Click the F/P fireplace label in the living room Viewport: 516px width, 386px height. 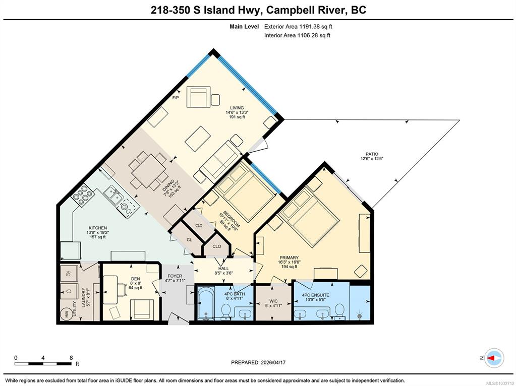[176, 98]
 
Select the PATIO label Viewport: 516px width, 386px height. [372, 154]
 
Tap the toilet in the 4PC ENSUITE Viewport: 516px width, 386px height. [340, 311]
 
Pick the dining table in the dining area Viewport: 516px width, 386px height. [148, 171]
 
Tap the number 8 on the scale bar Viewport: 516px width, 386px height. [71, 358]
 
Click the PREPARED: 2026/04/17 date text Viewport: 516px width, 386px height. [258, 362]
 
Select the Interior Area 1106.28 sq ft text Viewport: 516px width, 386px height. [297, 35]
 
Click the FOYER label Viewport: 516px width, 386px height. [175, 276]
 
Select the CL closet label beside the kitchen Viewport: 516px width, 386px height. [189, 240]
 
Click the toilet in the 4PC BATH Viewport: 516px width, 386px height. [226, 311]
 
